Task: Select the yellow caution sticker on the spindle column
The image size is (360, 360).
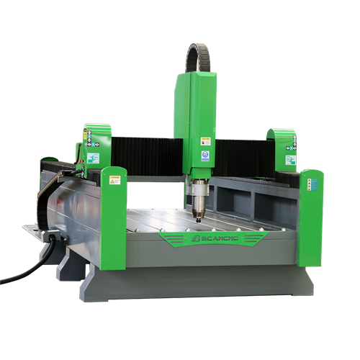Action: (204, 143)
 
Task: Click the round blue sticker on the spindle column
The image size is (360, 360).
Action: (204, 154)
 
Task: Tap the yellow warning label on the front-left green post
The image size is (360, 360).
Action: (113, 180)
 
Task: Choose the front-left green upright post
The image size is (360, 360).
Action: (114, 216)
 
